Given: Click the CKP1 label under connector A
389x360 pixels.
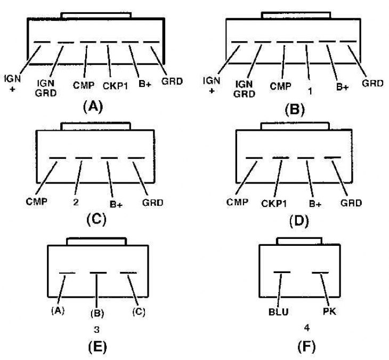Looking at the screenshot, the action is pyautogui.click(x=115, y=86).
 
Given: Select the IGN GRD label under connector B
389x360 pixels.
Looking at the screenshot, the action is pyautogui.click(x=244, y=89).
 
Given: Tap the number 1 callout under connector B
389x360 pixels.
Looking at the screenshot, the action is pyautogui.click(x=310, y=91).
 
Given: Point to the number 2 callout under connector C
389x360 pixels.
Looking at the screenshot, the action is pyautogui.click(x=76, y=202).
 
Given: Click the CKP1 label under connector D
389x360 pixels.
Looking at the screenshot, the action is pyautogui.click(x=274, y=204).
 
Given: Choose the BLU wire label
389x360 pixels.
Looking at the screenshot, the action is pyautogui.click(x=278, y=312).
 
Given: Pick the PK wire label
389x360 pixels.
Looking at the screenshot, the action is pyautogui.click(x=330, y=311).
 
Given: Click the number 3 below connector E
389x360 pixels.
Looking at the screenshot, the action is pyautogui.click(x=97, y=330).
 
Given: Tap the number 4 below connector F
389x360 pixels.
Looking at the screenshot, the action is pyautogui.click(x=307, y=328).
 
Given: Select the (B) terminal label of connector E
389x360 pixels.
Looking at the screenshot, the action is pyautogui.click(x=97, y=313).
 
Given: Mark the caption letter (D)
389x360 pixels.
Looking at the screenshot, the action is pyautogui.click(x=299, y=220).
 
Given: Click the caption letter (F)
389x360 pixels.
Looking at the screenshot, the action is pyautogui.click(x=306, y=346).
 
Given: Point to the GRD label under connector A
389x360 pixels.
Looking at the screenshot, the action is pyautogui.click(x=172, y=81).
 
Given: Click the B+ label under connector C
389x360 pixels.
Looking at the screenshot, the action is pyautogui.click(x=116, y=204).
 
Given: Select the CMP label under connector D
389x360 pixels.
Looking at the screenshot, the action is pyautogui.click(x=237, y=202).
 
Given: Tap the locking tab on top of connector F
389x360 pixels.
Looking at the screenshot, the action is pyautogui.click(x=299, y=241).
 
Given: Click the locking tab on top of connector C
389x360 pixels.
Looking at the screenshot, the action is pyautogui.click(x=95, y=126).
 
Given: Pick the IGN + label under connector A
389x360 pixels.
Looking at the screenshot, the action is pyautogui.click(x=12, y=83).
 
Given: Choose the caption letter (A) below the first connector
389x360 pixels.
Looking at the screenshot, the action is pyautogui.click(x=93, y=107).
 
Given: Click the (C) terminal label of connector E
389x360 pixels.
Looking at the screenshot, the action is pyautogui.click(x=139, y=311).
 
